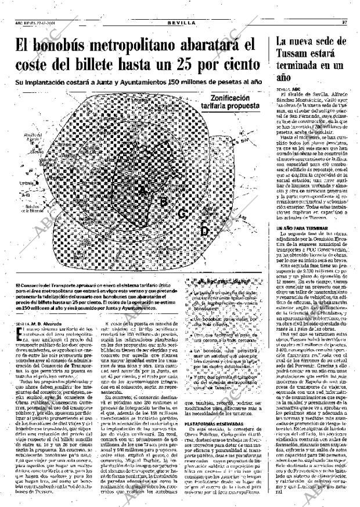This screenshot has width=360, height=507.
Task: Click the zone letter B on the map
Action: tap(164, 201)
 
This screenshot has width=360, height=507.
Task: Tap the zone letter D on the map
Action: tap(204, 230)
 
